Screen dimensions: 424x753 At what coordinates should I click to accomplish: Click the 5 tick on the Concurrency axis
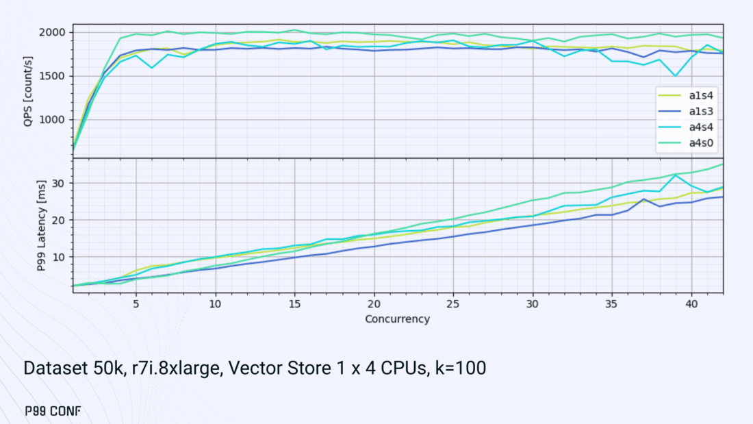pyautogui.click(x=136, y=303)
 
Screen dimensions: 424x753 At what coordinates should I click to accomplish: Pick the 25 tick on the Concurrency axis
pyautogui.click(x=452, y=303)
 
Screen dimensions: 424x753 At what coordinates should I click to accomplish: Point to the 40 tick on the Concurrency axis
pyautogui.click(x=691, y=303)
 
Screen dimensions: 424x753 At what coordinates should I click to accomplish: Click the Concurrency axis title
pyautogui.click(x=397, y=319)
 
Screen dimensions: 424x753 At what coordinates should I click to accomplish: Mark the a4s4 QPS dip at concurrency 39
pyautogui.click(x=676, y=76)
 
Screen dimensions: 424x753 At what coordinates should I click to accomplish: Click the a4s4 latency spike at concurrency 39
pyautogui.click(x=676, y=175)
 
